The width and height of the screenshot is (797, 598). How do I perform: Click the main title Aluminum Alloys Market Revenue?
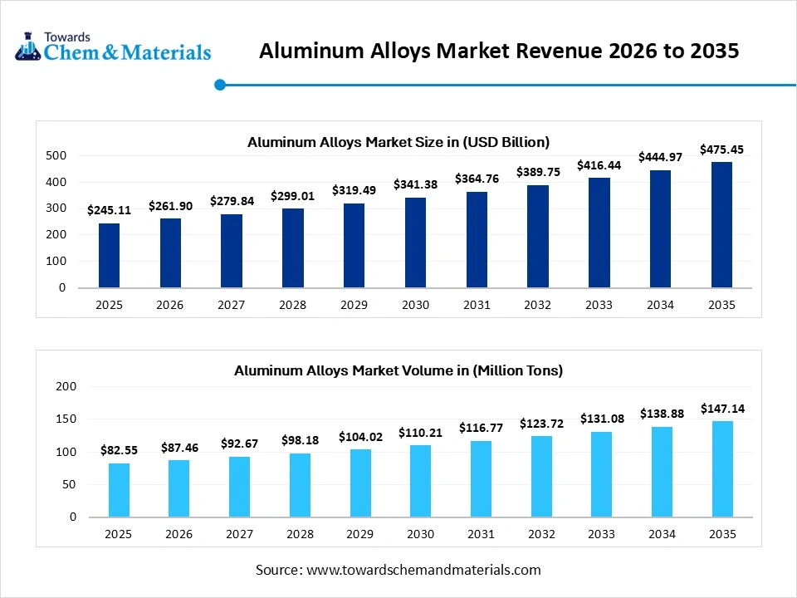[x=499, y=51]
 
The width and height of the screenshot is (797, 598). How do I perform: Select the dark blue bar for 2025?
[x=109, y=255]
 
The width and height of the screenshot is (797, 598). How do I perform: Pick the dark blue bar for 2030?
[x=415, y=243]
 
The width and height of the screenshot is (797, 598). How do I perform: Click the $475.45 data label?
[x=721, y=149]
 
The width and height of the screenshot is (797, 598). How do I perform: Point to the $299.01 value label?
[x=292, y=196]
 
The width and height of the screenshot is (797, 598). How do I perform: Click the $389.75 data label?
[x=538, y=172]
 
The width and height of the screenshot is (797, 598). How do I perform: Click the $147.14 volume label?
[x=721, y=409]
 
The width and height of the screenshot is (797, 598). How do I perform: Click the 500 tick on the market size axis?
[x=56, y=155]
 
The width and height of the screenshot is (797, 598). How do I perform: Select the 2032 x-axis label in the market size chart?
[x=538, y=305]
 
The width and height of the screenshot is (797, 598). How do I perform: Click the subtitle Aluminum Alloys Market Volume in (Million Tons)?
[x=398, y=370]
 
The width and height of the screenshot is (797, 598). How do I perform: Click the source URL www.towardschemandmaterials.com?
[x=423, y=570]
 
